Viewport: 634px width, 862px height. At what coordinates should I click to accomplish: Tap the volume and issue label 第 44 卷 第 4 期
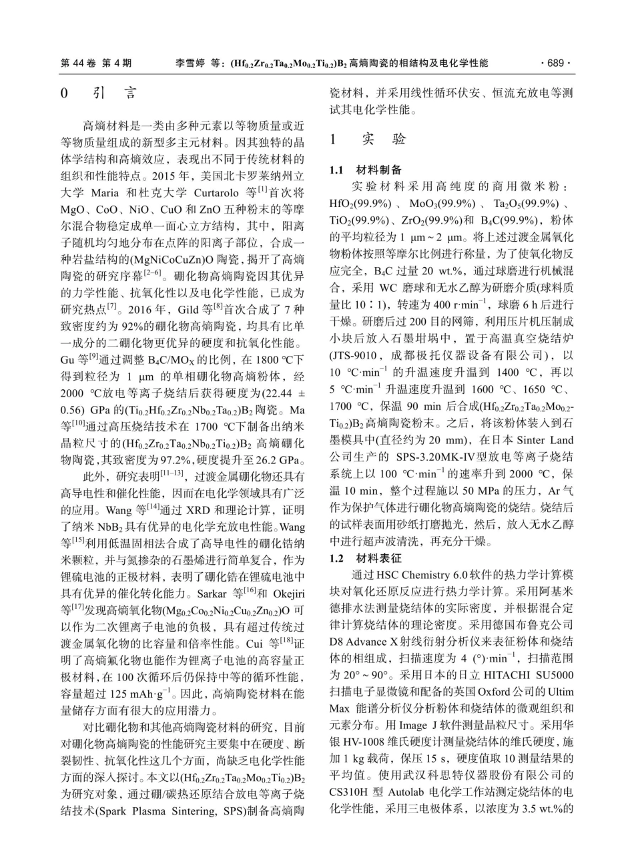coord(96,63)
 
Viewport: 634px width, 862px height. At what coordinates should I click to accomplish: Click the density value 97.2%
coord(182,460)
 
